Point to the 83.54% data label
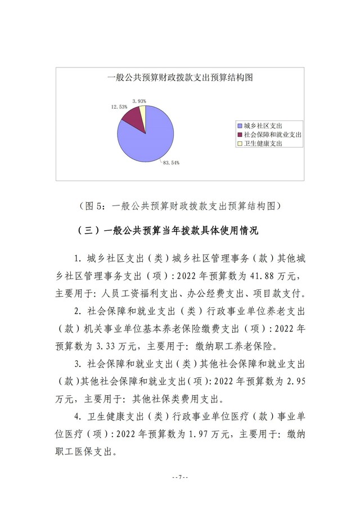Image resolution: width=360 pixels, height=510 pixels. pyautogui.click(x=171, y=163)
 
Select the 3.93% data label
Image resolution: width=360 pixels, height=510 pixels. pyautogui.click(x=139, y=101)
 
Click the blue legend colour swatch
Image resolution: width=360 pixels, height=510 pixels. pyautogui.click(x=240, y=126)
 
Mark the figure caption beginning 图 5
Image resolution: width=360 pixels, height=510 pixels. pyautogui.click(x=179, y=206)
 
